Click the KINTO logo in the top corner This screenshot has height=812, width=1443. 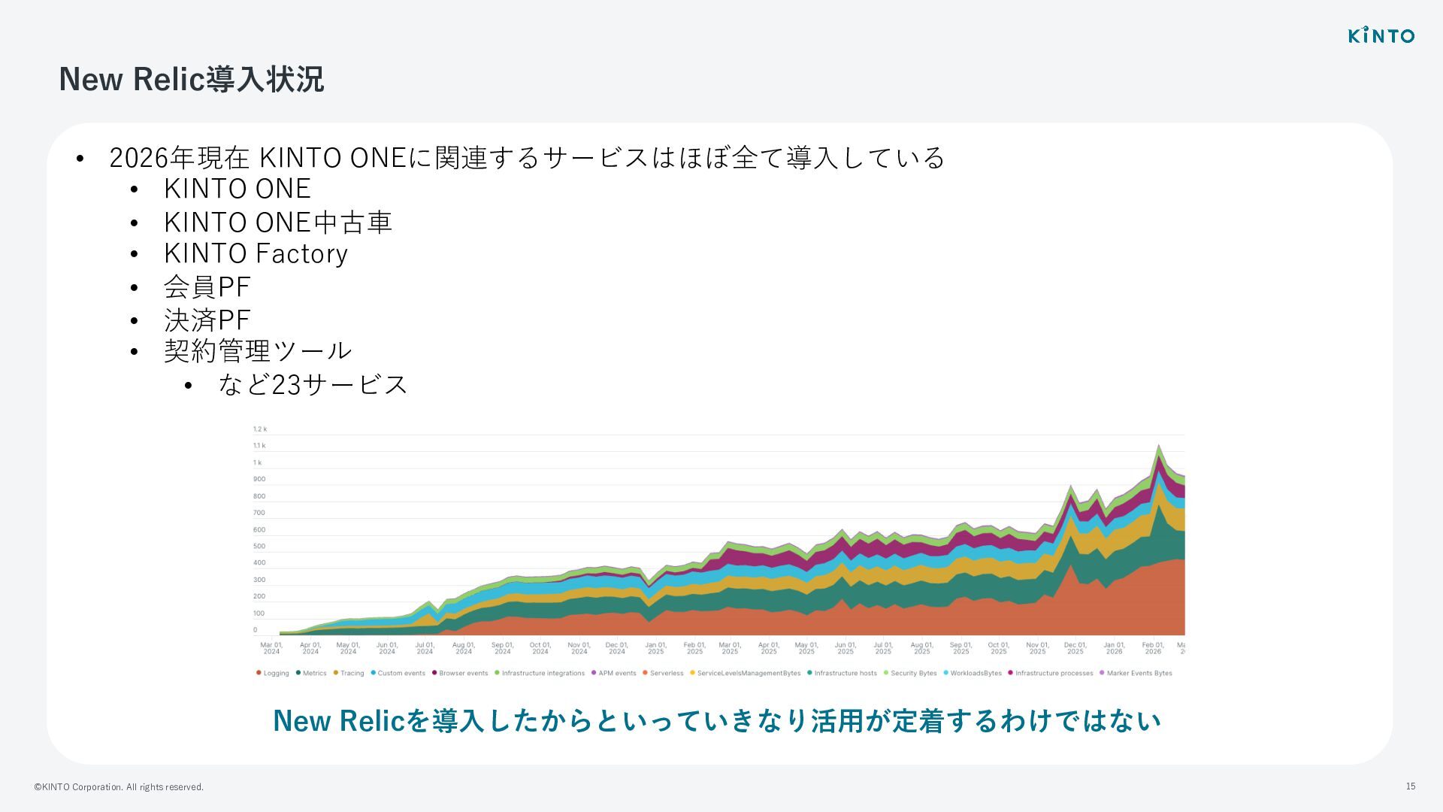tap(1381, 35)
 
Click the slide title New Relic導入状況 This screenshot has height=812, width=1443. tap(191, 79)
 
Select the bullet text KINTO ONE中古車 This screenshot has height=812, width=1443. tap(277, 222)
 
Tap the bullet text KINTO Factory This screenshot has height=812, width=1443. tap(256, 253)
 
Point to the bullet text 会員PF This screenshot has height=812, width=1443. tap(207, 286)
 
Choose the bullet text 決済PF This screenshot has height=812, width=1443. tap(207, 320)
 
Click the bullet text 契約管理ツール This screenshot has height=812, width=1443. tap(258, 350)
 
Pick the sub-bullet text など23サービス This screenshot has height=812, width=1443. tap(313, 384)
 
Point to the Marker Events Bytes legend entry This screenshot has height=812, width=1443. tap(1139, 673)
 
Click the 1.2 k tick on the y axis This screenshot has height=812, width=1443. tap(260, 429)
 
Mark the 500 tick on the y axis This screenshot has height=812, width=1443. tap(259, 547)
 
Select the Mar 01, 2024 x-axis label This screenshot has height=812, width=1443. tap(271, 648)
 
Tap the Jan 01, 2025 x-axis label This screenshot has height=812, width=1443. tap(655, 648)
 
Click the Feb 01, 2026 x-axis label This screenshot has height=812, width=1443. tap(1152, 648)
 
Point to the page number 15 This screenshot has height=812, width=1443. tap(1411, 786)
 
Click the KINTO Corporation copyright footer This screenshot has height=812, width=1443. tap(119, 787)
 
